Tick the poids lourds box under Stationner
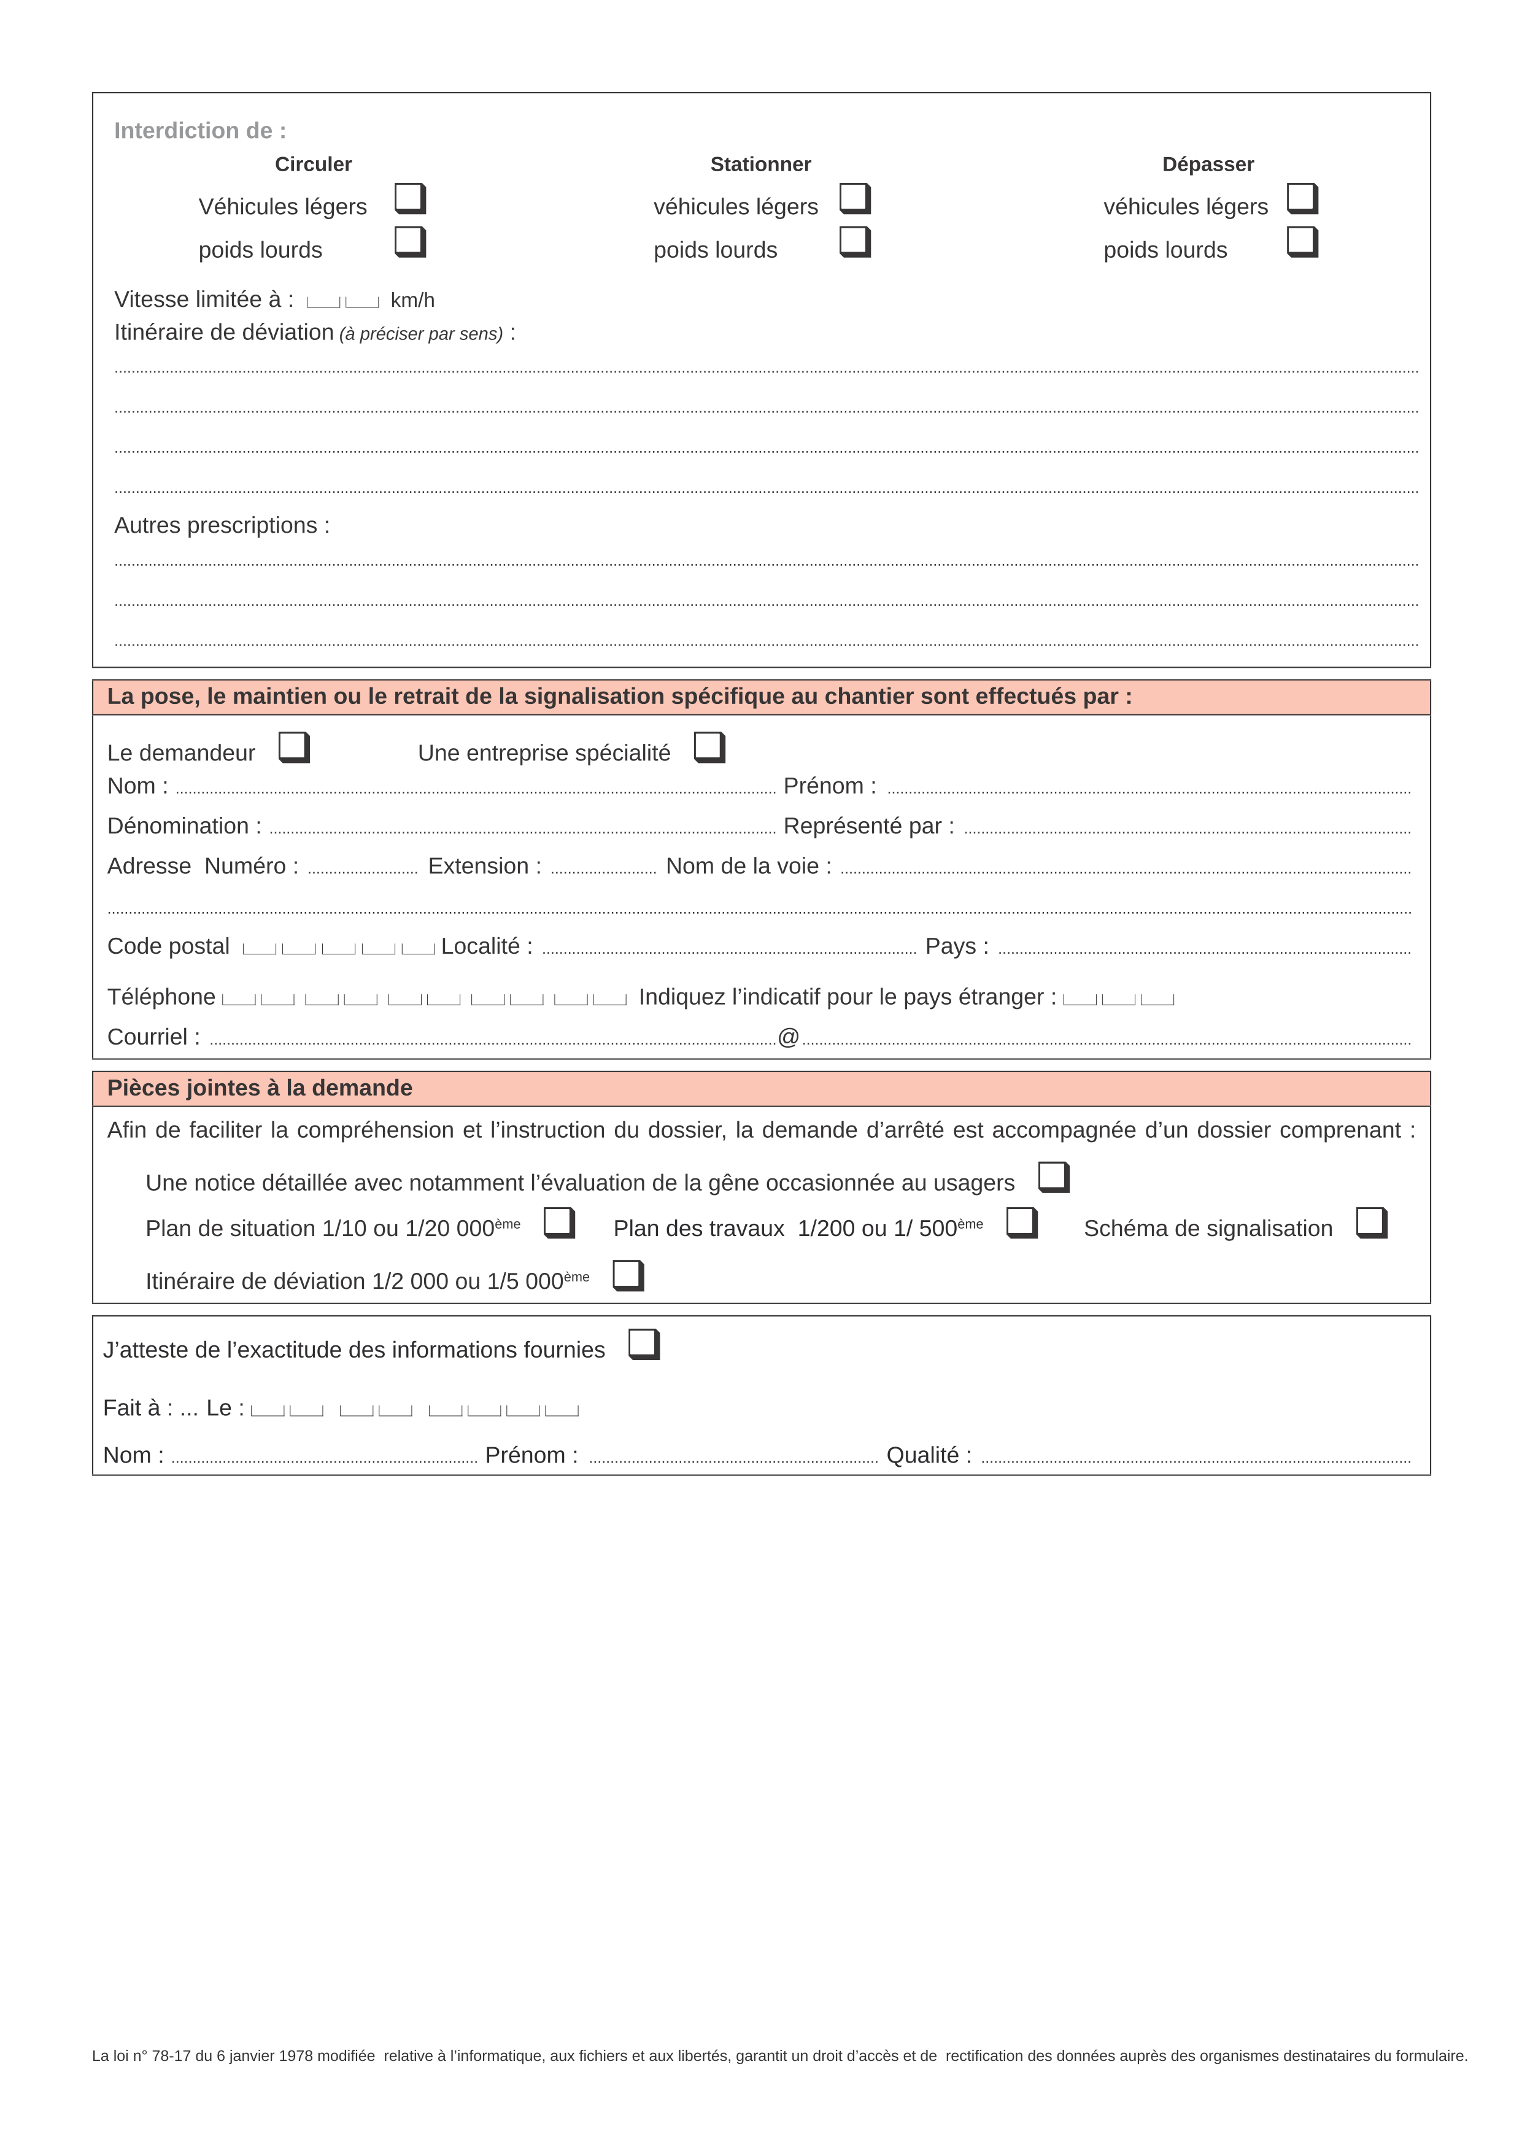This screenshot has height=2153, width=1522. [x=854, y=241]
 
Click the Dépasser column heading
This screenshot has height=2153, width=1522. [x=1207, y=164]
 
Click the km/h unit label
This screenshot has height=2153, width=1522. [x=412, y=300]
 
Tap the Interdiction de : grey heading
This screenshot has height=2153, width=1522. [x=199, y=130]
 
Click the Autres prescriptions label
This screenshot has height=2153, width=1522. [x=222, y=525]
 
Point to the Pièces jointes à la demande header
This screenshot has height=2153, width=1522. [x=260, y=1088]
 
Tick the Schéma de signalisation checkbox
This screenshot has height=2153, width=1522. [x=1371, y=1222]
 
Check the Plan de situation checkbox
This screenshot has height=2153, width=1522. [x=559, y=1222]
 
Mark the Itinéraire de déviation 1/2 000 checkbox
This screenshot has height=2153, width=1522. [x=627, y=1275]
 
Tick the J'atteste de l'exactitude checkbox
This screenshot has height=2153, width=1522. [x=643, y=1343]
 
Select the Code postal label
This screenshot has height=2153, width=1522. [x=168, y=946]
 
